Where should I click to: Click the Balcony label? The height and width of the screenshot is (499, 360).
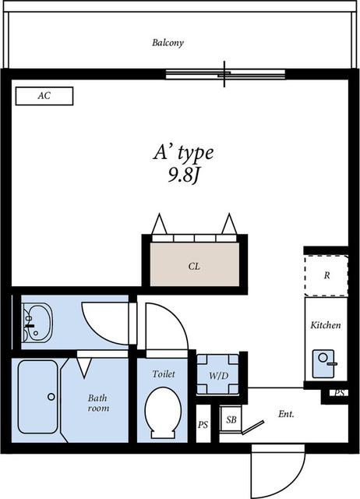click(168, 43)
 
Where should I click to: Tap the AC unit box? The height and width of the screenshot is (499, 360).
click(44, 96)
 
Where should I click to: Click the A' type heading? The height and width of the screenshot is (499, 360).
click(183, 153)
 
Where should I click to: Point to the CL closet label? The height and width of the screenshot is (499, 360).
click(194, 266)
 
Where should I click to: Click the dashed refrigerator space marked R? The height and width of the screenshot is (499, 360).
click(326, 275)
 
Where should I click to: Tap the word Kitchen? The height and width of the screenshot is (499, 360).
click(326, 325)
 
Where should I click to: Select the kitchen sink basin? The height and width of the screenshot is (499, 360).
click(323, 364)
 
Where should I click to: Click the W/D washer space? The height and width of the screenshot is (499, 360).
click(218, 374)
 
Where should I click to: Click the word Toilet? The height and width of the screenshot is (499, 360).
click(164, 373)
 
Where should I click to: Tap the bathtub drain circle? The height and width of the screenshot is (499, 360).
click(51, 397)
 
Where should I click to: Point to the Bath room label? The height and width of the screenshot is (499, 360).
click(98, 403)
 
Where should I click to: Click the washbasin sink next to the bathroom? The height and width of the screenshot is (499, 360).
click(37, 323)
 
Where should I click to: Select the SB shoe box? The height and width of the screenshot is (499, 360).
click(231, 419)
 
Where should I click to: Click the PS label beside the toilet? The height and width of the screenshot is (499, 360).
click(203, 424)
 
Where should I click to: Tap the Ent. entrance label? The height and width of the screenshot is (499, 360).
click(286, 414)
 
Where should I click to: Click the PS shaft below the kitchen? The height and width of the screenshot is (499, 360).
click(339, 393)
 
